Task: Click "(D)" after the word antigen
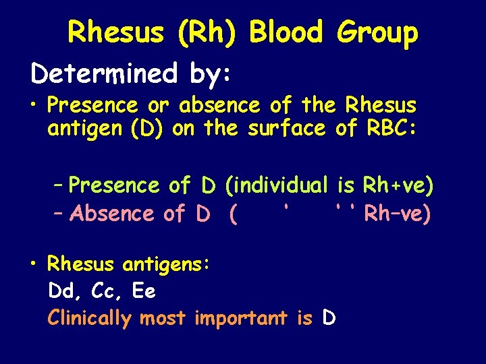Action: [x=148, y=129]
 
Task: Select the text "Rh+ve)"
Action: [x=398, y=185]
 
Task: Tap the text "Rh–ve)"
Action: [x=397, y=214]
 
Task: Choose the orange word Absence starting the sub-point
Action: [x=112, y=214]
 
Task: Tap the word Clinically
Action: [x=90, y=318]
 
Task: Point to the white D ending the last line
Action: [x=329, y=318]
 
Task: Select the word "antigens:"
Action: [x=169, y=264]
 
